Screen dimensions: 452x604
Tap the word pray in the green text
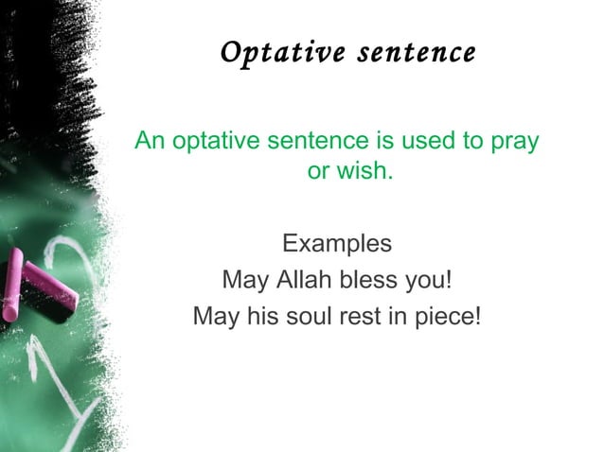pyautogui.click(x=514, y=143)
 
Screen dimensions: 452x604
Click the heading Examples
pyautogui.click(x=336, y=244)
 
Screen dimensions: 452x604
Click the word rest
pyautogui.click(x=354, y=316)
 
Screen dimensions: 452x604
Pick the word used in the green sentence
pyautogui.click(x=427, y=142)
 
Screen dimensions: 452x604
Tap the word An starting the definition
pyautogui.click(x=150, y=142)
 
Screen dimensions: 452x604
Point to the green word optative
pyautogui.click(x=214, y=143)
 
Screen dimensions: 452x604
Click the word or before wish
pyautogui.click(x=319, y=174)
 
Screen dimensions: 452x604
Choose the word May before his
pyautogui.click(x=215, y=316)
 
